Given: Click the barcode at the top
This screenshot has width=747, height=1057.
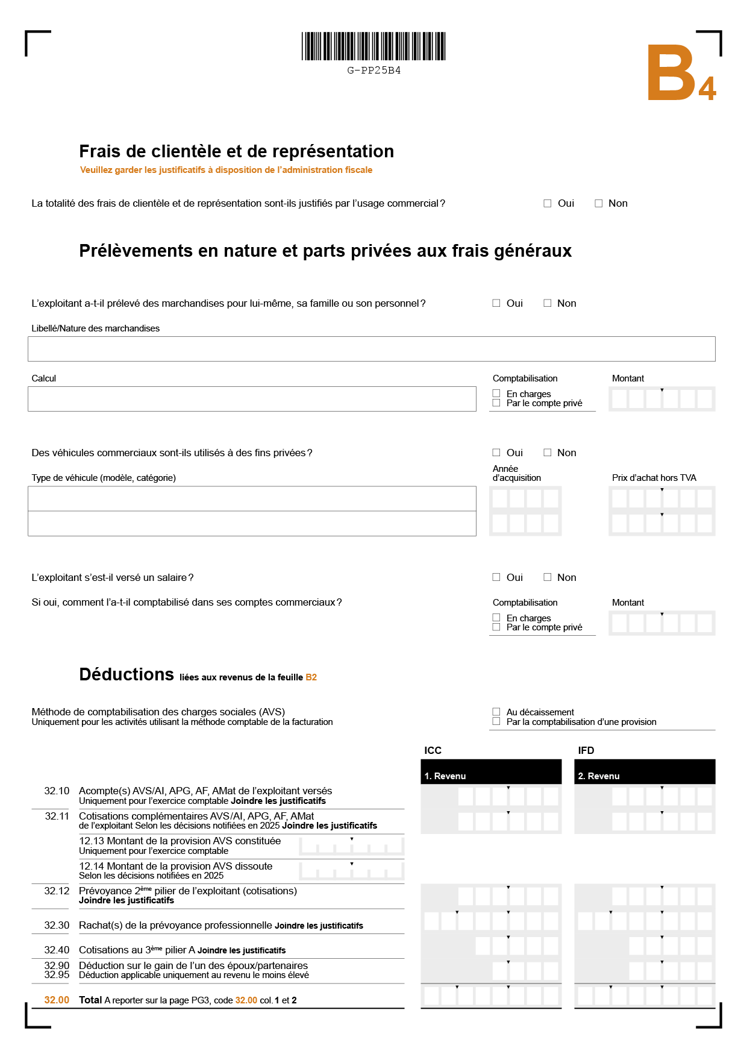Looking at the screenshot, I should tap(373, 46).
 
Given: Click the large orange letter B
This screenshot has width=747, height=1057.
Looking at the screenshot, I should tap(671, 74).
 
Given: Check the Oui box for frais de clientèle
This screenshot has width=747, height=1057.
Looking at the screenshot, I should tap(548, 204).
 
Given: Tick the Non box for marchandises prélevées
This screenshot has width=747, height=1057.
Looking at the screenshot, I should tap(548, 303).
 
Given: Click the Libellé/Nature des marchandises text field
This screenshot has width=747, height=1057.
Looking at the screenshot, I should tap(371, 349).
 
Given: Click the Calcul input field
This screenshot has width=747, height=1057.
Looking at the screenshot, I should tap(252, 399).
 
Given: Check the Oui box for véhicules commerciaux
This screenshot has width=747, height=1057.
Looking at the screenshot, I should tap(496, 453).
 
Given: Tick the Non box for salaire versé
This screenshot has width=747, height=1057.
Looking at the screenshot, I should tap(548, 577).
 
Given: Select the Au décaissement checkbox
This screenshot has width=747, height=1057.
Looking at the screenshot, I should tap(496, 712).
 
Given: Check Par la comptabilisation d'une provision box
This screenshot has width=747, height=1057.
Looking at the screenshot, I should tap(496, 721).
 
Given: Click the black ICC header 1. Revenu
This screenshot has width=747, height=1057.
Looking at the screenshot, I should tap(491, 773).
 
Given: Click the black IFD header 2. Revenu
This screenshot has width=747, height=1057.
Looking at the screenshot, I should tap(645, 773).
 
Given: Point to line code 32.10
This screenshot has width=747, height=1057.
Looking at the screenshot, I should tap(57, 791).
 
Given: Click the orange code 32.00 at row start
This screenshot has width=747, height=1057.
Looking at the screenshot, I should tap(57, 1000).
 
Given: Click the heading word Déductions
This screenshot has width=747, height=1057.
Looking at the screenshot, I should tap(127, 674).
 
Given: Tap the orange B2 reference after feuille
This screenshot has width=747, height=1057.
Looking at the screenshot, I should tap(311, 677).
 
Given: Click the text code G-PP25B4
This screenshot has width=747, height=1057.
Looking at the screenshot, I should tap(373, 71).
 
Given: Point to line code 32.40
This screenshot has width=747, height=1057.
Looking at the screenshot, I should tap(57, 950).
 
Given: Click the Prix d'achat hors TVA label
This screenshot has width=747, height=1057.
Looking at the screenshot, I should tap(654, 478).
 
